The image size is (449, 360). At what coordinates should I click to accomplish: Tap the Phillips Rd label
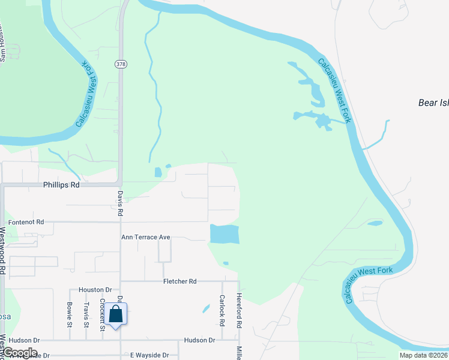[x=61, y=185]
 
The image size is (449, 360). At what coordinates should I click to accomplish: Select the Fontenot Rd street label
[x=23, y=222]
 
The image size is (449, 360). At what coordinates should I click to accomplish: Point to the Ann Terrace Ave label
[x=146, y=238]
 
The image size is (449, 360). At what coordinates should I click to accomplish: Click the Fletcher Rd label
[x=179, y=281]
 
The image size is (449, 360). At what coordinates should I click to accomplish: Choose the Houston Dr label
[x=95, y=289]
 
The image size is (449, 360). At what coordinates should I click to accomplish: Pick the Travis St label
[x=86, y=314]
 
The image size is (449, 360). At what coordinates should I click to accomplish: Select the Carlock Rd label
[x=222, y=310]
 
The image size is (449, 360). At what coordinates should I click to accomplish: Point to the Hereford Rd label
[x=239, y=310]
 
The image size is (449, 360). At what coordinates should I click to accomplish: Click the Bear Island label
[x=433, y=103]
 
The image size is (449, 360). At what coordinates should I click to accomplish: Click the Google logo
[x=19, y=353]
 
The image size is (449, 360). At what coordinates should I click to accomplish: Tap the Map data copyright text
[x=424, y=355]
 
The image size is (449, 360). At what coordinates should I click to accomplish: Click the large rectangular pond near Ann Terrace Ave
[x=224, y=234]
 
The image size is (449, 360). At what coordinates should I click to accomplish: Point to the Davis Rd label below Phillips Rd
[x=121, y=203]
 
